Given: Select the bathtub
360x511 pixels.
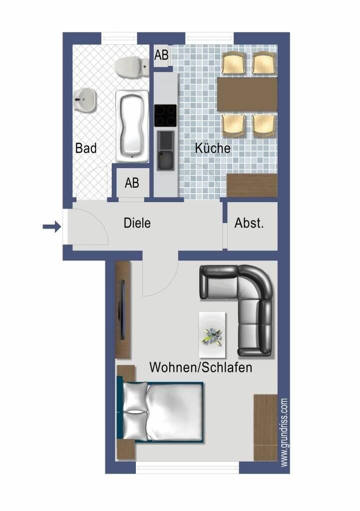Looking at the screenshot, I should (x=132, y=126).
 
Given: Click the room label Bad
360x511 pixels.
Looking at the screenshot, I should (x=86, y=148).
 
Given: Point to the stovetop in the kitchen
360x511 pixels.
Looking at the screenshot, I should (x=165, y=115).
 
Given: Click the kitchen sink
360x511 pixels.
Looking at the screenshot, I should (x=165, y=150).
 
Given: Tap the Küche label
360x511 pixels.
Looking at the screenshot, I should (x=213, y=148).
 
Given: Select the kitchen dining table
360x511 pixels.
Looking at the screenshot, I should (x=247, y=94).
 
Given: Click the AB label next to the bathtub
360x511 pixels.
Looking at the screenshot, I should (x=132, y=183).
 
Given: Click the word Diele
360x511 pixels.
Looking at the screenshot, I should (x=137, y=223).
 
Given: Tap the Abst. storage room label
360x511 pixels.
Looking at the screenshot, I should (x=249, y=224).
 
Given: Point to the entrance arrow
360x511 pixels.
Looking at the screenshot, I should (x=51, y=228).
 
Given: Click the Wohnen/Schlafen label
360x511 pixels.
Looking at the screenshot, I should (x=201, y=368).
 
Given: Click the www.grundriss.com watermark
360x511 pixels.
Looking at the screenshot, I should (x=284, y=432).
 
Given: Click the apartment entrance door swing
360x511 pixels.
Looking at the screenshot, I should (x=92, y=230).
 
